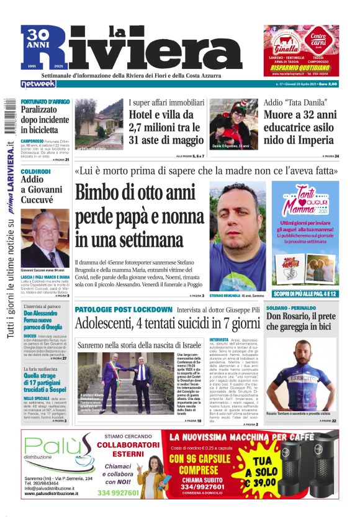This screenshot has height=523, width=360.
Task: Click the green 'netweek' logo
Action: (38, 83)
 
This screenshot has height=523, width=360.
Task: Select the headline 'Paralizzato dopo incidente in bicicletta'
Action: (45, 119)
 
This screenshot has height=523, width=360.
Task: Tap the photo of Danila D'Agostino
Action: (233, 124)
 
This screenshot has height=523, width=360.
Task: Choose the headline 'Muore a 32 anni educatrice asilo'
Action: (300, 127)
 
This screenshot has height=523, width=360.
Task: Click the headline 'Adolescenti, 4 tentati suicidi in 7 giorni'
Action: (167, 324)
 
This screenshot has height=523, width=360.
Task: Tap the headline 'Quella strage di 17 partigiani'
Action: (45, 380)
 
